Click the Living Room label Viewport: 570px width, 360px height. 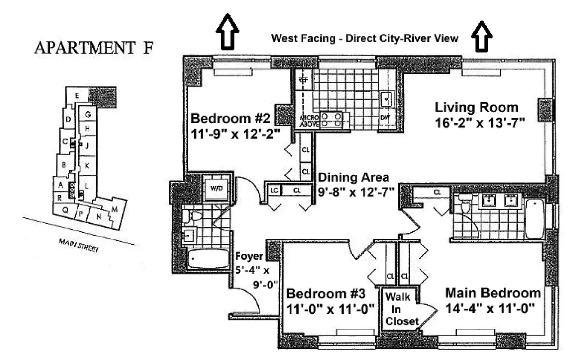tap(476, 108)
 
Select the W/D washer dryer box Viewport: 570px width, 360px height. tap(214, 188)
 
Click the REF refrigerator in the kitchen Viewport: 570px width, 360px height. tap(302, 80)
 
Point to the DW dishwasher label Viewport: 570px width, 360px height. tap(385, 117)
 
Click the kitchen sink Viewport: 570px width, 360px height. tap(386, 99)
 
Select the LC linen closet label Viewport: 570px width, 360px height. tap(274, 190)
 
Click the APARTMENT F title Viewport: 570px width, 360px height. tap(93, 48)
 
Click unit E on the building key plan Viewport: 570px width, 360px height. tap(77, 95)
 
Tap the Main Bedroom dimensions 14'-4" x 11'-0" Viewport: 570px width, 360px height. tap(489, 309)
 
